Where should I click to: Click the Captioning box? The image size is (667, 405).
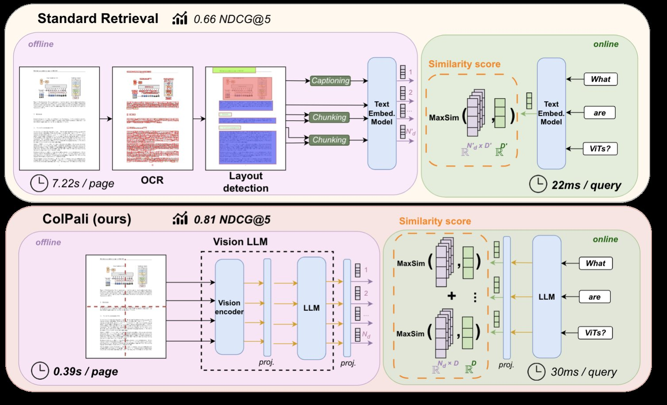[330, 80]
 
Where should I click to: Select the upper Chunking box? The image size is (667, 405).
[329, 117]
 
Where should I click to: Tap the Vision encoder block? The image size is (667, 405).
[229, 307]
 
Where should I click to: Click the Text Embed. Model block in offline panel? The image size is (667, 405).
[381, 113]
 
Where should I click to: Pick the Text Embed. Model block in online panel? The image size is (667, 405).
[551, 113]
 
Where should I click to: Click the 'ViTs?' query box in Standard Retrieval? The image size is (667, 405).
[600, 149]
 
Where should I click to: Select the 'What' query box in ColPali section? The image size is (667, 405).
[595, 263]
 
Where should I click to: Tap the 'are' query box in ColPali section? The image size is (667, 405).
[594, 297]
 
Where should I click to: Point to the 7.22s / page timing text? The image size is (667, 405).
[83, 183]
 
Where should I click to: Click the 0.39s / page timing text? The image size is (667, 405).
[85, 371]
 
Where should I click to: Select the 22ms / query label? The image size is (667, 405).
[586, 185]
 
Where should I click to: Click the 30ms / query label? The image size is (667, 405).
[584, 372]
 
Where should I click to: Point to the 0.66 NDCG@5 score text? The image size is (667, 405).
[232, 19]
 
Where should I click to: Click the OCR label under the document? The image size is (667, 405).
[152, 180]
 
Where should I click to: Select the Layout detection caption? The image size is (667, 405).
[246, 182]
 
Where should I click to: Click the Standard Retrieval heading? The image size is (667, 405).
[98, 19]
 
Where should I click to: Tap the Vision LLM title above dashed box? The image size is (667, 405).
[240, 241]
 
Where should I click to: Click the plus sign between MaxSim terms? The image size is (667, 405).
[451, 296]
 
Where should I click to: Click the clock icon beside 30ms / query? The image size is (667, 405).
[536, 372]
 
